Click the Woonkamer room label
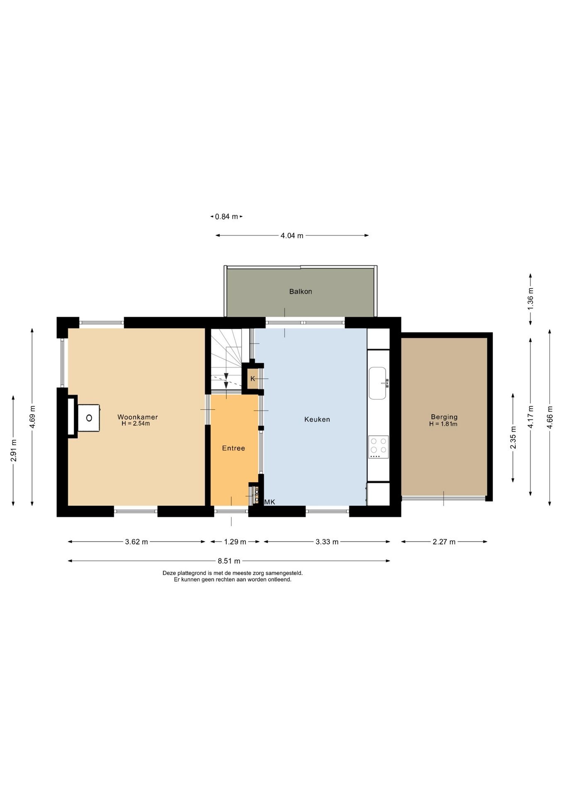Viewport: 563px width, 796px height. point(138,417)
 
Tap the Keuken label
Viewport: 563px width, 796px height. point(317,419)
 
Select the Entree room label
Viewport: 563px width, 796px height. point(233,448)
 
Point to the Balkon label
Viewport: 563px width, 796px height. point(301,291)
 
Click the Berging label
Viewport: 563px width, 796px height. point(444,417)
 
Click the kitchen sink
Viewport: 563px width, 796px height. point(378,383)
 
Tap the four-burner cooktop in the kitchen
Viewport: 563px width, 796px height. point(379,447)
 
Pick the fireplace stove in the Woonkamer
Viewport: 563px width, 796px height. point(89,418)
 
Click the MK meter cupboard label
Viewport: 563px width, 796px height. point(270,502)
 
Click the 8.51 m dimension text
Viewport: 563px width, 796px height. point(229,561)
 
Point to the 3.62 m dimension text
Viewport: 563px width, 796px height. point(136,542)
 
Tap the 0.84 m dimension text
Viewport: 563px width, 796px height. point(226,216)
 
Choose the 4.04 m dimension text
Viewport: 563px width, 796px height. point(292,235)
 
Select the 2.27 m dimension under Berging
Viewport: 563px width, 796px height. point(444,542)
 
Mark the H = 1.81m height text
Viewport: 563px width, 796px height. point(444,424)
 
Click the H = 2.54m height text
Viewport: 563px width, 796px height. point(136,424)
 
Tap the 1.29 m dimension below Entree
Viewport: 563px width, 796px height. point(235,542)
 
